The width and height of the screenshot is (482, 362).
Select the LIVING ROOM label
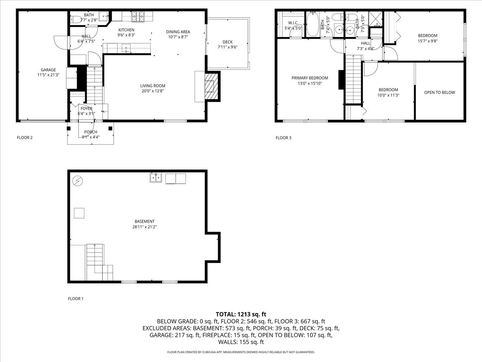click(152, 86)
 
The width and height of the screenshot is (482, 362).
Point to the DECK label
click(227, 42)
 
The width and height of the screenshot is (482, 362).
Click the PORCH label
click(90, 132)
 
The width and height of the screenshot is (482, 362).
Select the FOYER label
click(86, 109)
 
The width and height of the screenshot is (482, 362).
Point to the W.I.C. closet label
click(292, 23)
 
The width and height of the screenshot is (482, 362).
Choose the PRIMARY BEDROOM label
click(310, 78)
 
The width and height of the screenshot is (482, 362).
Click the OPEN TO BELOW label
click(439, 93)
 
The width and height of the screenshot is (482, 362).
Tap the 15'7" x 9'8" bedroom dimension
click(427, 41)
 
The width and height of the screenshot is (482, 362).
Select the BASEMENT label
click(144, 222)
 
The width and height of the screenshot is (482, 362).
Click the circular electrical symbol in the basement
click(77, 181)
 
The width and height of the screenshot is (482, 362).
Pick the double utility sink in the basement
click(156, 178)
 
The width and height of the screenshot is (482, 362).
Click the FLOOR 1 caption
click(76, 299)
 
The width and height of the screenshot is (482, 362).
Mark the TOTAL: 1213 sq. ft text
click(241, 314)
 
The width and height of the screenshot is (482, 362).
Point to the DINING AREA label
click(178, 32)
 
